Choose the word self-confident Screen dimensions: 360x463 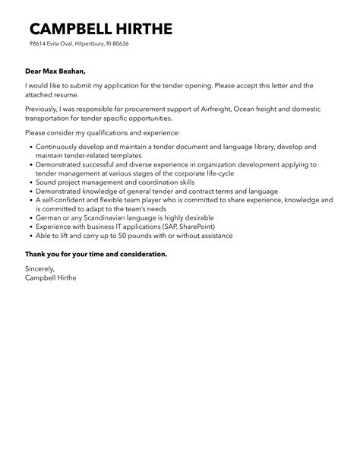(x=65, y=201)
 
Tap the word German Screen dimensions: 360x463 (x=49, y=219)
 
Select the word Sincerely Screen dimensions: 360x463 (x=41, y=269)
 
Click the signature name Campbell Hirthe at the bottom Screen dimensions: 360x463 (x=51, y=278)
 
